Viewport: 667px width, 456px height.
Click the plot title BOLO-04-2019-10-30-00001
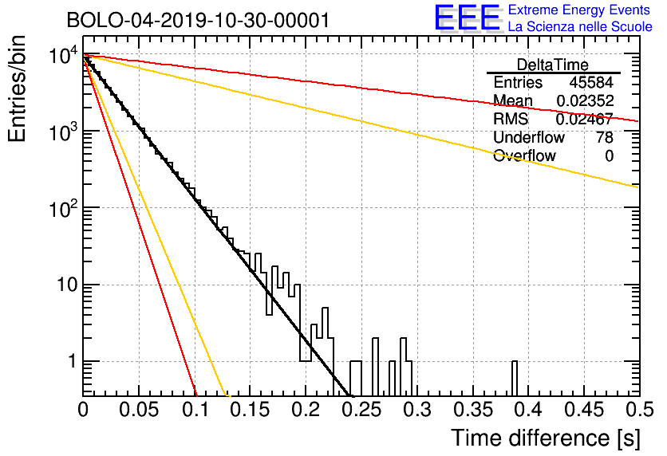pyautogui.click(x=198, y=21)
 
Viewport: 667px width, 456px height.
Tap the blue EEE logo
pyautogui.click(x=467, y=18)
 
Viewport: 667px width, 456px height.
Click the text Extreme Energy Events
pyautogui.click(x=579, y=10)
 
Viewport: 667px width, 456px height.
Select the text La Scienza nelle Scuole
pyautogui.click(x=580, y=27)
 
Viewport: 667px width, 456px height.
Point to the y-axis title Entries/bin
pyautogui.click(x=17, y=89)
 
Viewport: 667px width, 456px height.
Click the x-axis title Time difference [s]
pyautogui.click(x=546, y=438)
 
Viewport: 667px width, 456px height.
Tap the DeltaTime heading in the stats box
pyautogui.click(x=553, y=65)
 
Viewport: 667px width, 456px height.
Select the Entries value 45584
pyautogui.click(x=591, y=82)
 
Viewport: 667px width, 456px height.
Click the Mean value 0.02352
pyautogui.click(x=585, y=100)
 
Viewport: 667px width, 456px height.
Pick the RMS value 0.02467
pyautogui.click(x=585, y=119)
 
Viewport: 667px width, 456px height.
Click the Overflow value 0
pyautogui.click(x=609, y=155)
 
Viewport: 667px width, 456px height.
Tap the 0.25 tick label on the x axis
pyautogui.click(x=361, y=410)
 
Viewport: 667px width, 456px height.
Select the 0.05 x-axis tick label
pyautogui.click(x=139, y=410)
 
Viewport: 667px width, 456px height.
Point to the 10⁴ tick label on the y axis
pyautogui.click(x=64, y=55)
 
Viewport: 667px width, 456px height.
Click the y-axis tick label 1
pyautogui.click(x=72, y=361)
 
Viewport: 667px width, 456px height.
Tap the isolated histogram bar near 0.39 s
pyautogui.click(x=515, y=378)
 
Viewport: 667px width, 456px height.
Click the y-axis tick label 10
pyautogui.click(x=67, y=285)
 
